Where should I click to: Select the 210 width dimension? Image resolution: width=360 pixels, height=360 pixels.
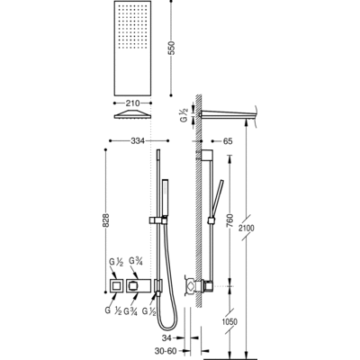132,103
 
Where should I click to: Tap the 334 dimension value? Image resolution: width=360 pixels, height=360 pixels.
138,140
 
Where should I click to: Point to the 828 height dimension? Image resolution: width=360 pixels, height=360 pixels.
105,220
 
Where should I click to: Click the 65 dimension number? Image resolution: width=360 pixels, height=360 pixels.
228,140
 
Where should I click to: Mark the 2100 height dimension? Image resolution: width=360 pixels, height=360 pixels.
247,228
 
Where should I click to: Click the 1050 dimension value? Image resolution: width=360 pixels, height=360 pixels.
229,321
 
